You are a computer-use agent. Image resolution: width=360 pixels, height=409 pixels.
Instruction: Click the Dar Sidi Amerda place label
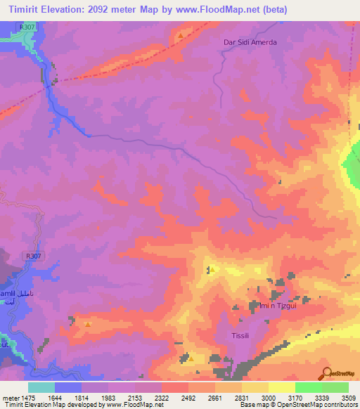coord(250,42)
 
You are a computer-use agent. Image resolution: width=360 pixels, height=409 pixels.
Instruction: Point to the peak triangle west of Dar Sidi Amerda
coord(181,35)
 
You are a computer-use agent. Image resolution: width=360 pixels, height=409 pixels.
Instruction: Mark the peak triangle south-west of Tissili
coord(191,359)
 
